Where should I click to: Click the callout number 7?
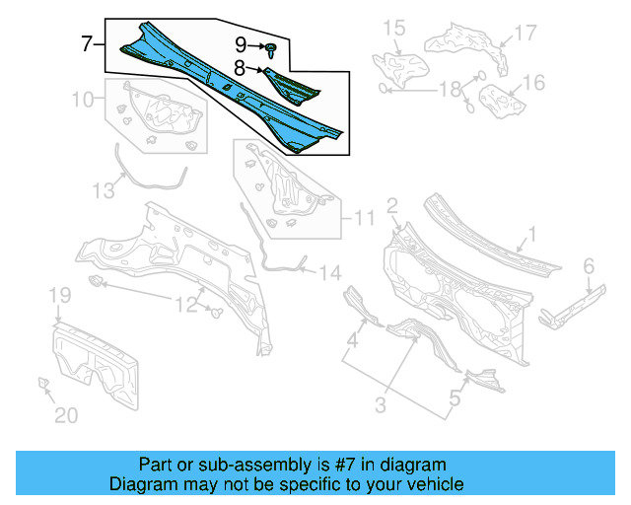point(87,43)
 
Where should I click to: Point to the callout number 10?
point(84,99)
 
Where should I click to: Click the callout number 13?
point(104,191)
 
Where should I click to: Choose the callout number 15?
point(393,28)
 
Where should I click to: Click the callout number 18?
point(450,90)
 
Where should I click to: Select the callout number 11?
point(364,218)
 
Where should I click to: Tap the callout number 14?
point(328,272)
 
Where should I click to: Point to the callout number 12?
point(187,305)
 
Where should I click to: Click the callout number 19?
point(59,296)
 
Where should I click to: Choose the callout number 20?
point(65,415)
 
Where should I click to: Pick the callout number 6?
point(588,265)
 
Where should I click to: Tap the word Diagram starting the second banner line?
point(140,484)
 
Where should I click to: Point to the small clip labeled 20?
point(42,383)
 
